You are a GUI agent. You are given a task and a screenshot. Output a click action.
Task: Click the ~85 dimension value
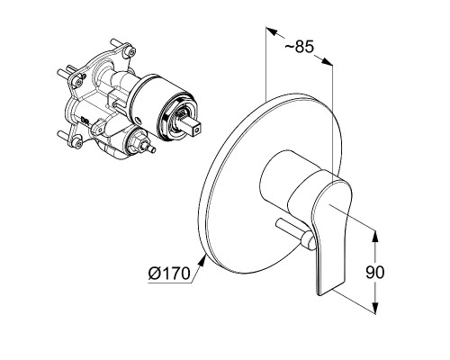coord(299,47)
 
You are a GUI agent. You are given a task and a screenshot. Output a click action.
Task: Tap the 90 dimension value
coord(374,273)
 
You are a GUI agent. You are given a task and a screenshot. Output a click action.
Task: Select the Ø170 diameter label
coord(169,274)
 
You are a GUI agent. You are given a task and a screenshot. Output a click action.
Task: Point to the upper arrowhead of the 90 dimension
coord(374,237)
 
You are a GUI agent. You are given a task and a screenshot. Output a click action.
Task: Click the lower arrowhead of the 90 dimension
coord(374,308)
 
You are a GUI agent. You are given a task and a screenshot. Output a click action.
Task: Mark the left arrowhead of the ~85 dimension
coord(272,31)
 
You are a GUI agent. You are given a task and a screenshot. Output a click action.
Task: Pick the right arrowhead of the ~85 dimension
coord(327,61)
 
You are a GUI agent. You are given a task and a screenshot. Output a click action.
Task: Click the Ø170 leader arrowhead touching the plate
coord(202,260)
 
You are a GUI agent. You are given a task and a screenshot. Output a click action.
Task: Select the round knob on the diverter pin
coord(308,240)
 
